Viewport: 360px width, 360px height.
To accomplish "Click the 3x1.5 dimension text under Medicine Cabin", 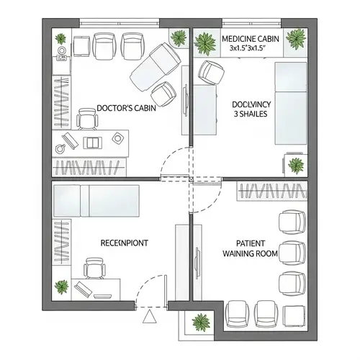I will [248, 48].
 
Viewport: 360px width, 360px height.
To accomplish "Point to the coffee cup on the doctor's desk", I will [60, 148].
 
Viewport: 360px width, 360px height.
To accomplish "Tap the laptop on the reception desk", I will [83, 289].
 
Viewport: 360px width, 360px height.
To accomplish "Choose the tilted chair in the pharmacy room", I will [211, 72].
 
